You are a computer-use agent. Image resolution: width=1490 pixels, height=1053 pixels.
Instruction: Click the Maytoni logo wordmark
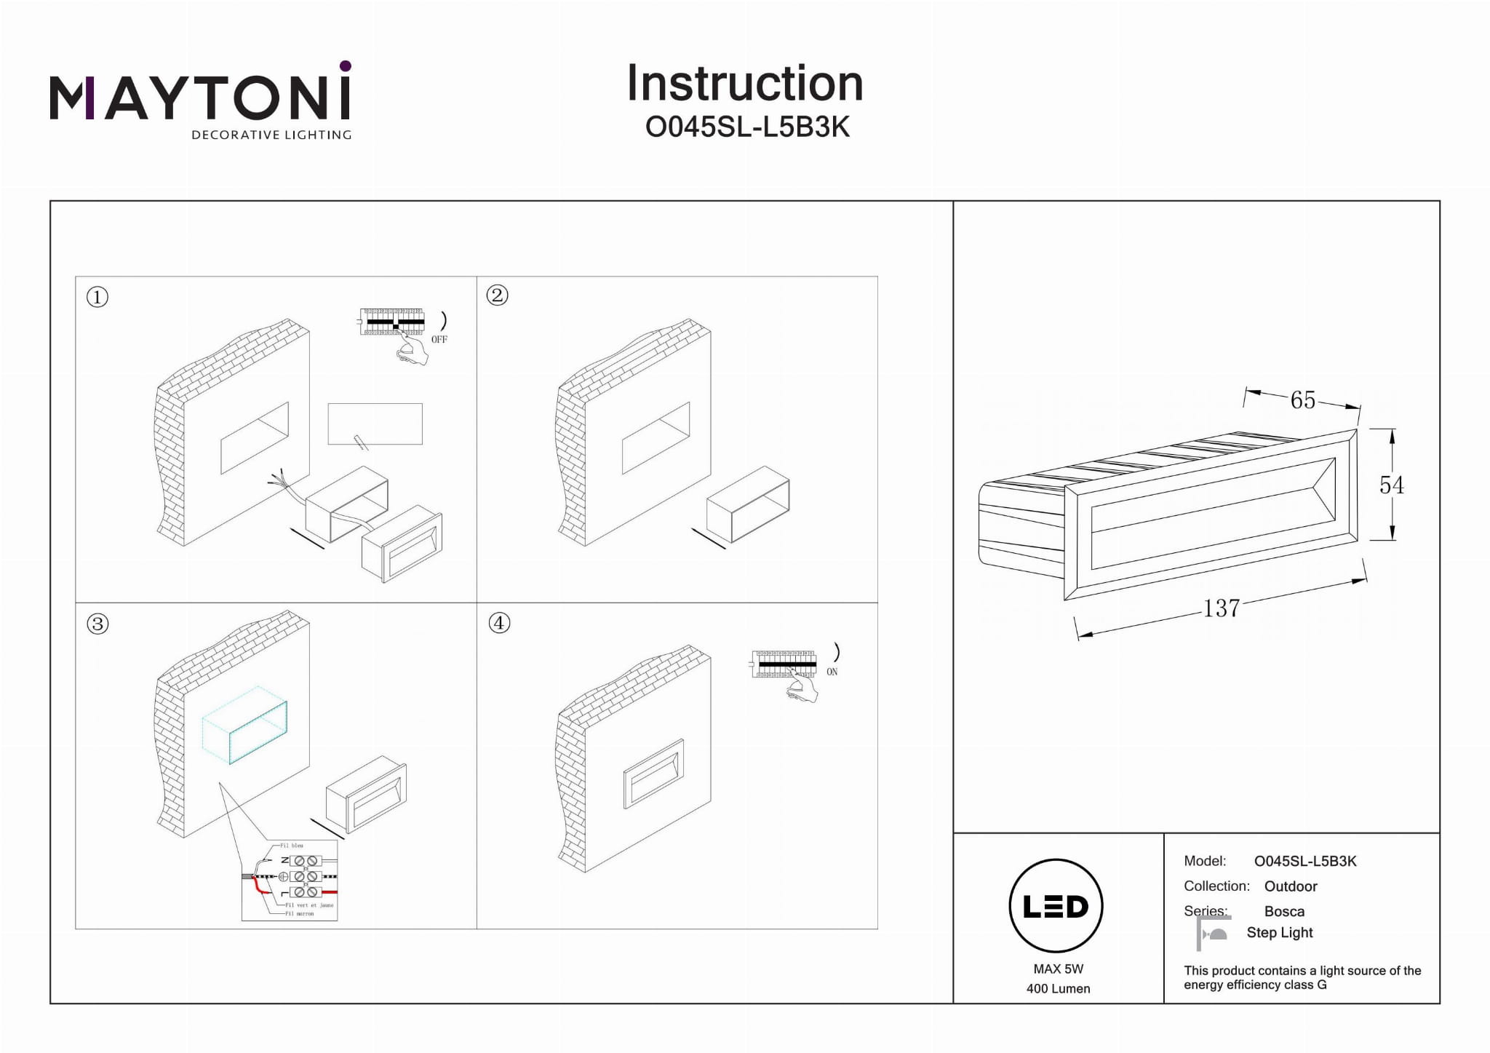point(200,98)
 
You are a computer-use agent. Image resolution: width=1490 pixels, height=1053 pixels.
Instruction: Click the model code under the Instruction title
point(747,127)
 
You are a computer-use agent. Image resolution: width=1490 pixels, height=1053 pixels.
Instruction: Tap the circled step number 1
point(97,297)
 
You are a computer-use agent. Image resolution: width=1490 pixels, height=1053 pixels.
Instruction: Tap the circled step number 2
point(498,295)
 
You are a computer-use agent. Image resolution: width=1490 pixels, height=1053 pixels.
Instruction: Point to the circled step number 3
point(97,624)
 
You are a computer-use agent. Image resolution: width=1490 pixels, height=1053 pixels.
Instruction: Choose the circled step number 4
point(499,623)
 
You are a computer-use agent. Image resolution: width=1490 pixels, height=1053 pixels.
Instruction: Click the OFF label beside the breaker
point(439,340)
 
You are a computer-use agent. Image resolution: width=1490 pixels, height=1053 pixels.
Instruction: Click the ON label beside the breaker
point(832,672)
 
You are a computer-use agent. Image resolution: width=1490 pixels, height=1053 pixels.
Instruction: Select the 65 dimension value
point(1302,400)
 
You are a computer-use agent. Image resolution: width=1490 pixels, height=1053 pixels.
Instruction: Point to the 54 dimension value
point(1391,485)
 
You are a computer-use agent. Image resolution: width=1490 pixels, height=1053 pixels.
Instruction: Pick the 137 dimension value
point(1221,608)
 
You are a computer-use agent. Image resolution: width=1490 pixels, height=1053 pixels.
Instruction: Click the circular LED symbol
point(1056,906)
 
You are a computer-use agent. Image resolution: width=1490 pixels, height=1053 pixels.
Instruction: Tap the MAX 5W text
point(1058,969)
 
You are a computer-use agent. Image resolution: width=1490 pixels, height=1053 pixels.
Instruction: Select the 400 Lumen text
point(1058,988)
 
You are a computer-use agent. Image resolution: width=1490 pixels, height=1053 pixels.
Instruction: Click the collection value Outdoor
point(1291,886)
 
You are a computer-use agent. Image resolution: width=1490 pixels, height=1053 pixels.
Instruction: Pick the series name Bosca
point(1284,911)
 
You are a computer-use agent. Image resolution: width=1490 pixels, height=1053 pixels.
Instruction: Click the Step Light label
point(1279,933)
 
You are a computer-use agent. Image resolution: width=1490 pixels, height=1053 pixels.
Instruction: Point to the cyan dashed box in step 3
point(245,725)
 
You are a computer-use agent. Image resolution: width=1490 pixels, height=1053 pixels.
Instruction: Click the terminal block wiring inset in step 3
point(290,880)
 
